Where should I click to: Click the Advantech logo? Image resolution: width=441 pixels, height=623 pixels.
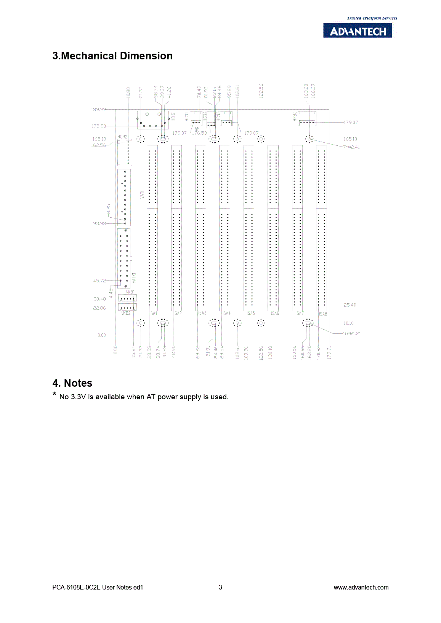[358, 31]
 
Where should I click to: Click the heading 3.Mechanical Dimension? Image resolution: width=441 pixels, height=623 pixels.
[112, 56]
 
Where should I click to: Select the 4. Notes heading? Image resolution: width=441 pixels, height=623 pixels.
[72, 383]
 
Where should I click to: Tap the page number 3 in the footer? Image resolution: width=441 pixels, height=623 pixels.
[220, 587]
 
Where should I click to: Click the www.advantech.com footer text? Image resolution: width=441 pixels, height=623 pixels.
[361, 587]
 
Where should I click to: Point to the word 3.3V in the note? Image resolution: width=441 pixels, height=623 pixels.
[79, 397]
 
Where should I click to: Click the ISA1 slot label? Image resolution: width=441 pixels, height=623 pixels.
[153, 313]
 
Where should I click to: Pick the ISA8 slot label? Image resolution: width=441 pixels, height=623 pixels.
[323, 314]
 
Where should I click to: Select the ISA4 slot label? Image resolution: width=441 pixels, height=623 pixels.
[226, 313]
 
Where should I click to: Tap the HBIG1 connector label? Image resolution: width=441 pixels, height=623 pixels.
[173, 116]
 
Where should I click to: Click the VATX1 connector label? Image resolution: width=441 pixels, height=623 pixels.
[134, 277]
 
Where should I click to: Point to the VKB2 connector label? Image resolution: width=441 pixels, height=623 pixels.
[126, 313]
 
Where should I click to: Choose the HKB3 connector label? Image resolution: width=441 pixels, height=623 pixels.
[295, 116]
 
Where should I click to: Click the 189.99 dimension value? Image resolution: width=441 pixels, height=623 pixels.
[98, 109]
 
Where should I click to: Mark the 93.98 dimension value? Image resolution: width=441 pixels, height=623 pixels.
[99, 223]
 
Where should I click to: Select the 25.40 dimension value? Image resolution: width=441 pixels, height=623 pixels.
[350, 305]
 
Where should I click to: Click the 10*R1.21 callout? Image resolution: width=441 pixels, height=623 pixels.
[352, 334]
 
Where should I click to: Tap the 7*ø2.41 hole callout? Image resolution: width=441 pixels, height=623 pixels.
[351, 147]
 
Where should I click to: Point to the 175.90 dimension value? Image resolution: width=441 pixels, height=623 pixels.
[99, 126]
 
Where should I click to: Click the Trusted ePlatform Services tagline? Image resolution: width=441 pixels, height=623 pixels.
[372, 18]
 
